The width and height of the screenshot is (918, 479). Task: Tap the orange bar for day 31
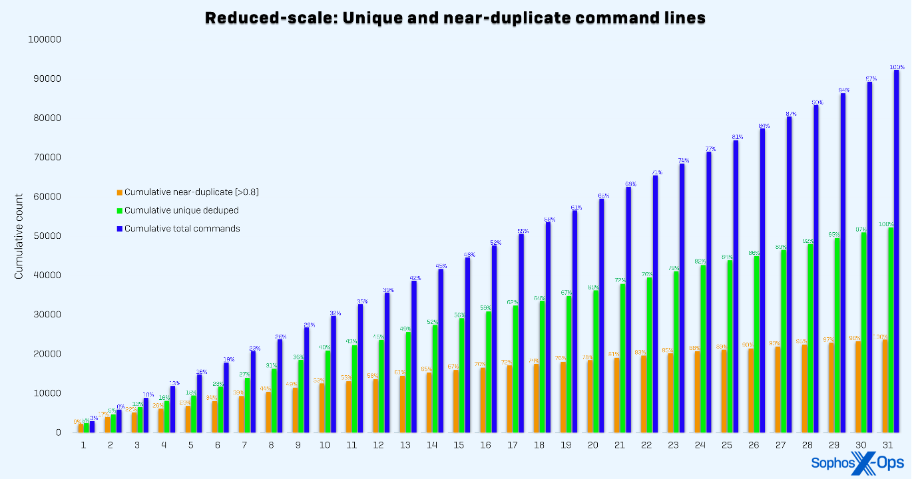coord(885,386)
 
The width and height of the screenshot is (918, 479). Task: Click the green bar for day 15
coord(461,375)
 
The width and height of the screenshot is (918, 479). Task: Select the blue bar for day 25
coord(736,286)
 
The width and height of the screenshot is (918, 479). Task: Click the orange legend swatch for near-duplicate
coord(120,192)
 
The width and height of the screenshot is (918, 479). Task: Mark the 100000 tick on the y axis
coord(45,39)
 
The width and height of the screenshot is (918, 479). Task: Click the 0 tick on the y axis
coord(58,432)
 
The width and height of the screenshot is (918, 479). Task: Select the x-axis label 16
coord(485,445)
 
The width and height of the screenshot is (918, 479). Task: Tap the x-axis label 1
coord(83,445)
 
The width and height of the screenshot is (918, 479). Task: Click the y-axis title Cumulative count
coord(19,236)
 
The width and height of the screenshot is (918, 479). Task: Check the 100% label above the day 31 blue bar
coord(897,67)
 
